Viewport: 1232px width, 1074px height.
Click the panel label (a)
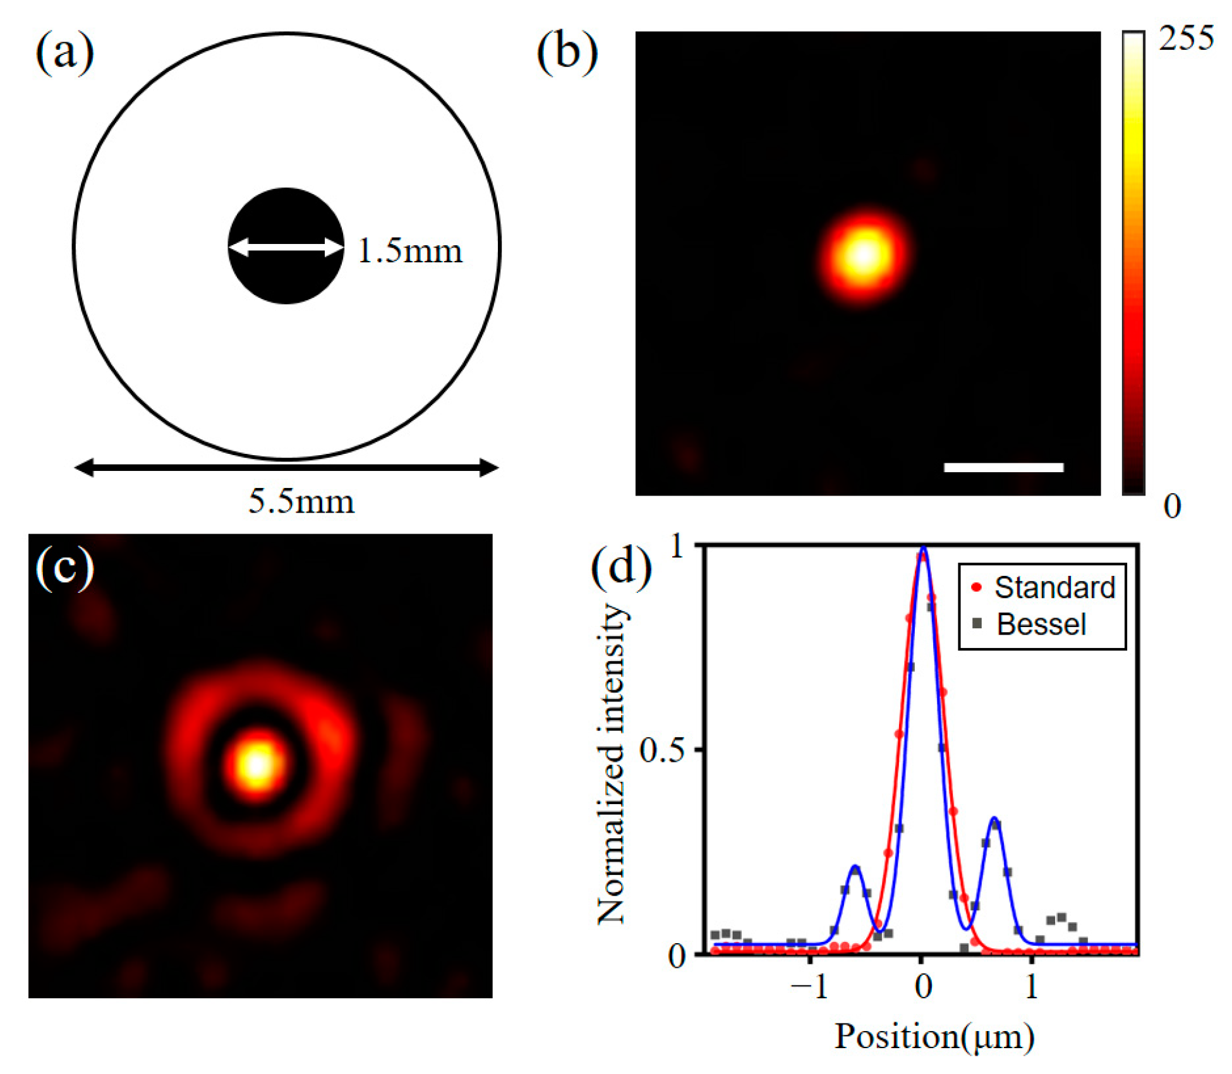(65, 53)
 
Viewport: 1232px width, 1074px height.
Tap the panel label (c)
(65, 567)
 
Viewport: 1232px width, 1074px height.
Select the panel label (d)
(620, 567)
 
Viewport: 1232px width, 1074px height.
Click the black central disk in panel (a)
(286, 278)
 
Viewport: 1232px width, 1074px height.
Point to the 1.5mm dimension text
(410, 251)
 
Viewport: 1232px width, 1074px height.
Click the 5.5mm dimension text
(301, 502)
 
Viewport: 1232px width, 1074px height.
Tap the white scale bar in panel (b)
(1003, 467)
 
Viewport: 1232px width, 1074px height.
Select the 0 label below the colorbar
(1172, 506)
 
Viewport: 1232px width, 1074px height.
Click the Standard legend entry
(1054, 587)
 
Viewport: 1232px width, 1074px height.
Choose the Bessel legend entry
(1041, 625)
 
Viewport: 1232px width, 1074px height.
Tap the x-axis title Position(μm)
(934, 1037)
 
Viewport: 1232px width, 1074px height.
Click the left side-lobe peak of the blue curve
(855, 867)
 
